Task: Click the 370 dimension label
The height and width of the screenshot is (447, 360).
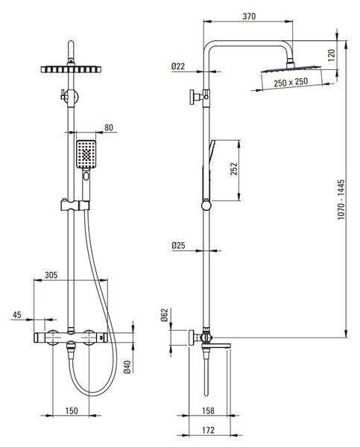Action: pos(249,16)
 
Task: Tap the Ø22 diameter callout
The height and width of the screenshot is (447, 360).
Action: pos(178,66)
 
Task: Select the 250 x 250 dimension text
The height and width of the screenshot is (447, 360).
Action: pos(291,82)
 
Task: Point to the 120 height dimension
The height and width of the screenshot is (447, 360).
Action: pos(331,55)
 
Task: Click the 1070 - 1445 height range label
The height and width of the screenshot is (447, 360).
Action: pos(341,200)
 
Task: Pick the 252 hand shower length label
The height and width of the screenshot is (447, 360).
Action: pos(234,169)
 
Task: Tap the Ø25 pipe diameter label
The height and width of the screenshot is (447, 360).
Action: pos(178,245)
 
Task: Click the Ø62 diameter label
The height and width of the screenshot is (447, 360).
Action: pos(165,315)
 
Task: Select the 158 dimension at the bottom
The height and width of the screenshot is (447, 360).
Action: pos(208,410)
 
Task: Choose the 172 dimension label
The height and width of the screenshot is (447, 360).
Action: pos(208,430)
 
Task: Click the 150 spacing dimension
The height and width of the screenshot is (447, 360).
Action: pos(72,410)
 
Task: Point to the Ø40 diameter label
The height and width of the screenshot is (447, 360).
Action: pos(127,367)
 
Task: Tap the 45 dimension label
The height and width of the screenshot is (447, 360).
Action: pos(17,314)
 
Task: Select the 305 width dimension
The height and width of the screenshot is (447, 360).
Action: pos(51,275)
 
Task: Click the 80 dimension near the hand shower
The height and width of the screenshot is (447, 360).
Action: pos(109,127)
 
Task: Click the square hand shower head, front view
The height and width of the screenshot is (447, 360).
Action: pos(86,154)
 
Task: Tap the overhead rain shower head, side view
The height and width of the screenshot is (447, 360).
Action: pos(291,69)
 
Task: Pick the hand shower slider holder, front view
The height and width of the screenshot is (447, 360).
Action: pos(75,206)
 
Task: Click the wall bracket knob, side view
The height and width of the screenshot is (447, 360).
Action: pos(192,97)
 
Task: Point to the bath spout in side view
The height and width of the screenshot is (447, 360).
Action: pos(216,346)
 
